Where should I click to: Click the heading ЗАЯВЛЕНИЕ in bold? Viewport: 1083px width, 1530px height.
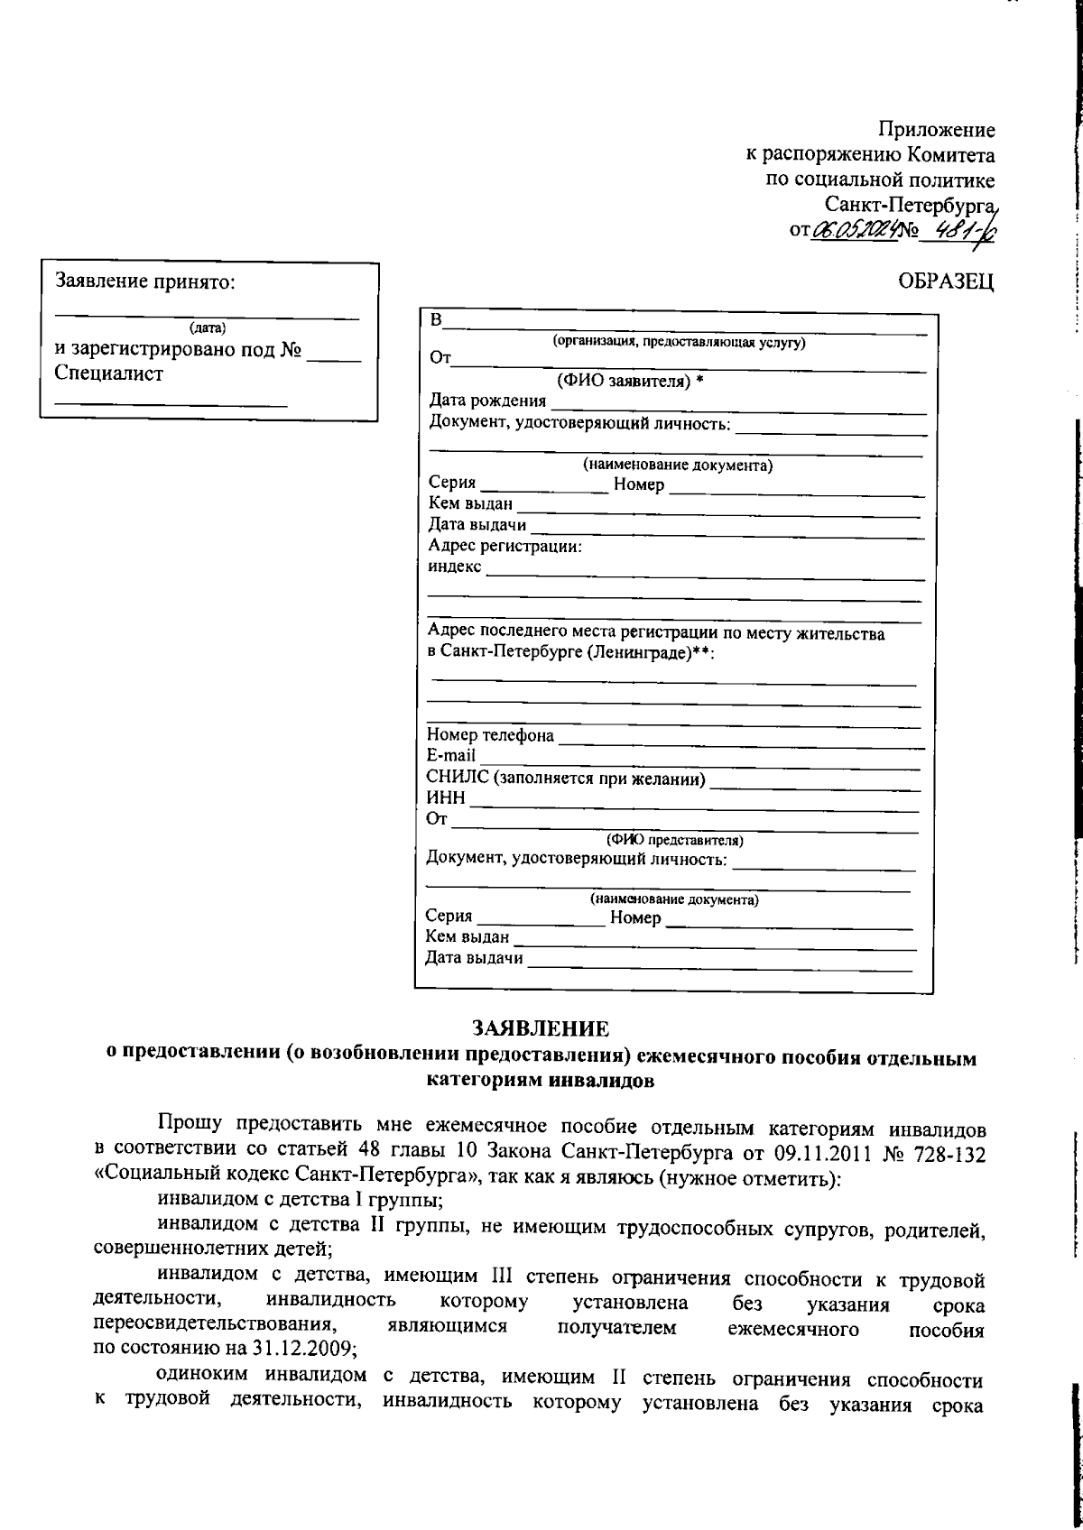(x=541, y=1028)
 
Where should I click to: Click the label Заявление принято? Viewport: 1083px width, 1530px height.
(x=145, y=281)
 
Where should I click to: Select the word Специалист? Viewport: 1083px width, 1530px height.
(x=109, y=373)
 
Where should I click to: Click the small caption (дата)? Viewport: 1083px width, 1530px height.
(x=208, y=327)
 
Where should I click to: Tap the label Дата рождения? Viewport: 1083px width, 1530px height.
(x=487, y=401)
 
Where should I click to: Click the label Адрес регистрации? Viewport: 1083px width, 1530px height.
(x=504, y=546)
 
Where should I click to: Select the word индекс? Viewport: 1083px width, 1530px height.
(x=455, y=567)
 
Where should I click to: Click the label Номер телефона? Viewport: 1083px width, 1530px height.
(x=490, y=735)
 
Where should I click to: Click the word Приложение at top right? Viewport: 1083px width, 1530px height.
(x=938, y=131)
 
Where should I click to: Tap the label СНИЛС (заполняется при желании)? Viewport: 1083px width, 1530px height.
(x=566, y=778)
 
